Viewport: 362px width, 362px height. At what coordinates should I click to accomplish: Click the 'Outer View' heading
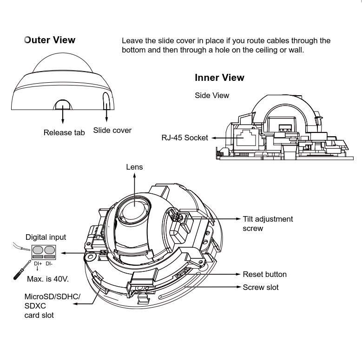click(x=50, y=40)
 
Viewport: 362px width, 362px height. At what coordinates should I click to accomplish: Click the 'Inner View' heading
click(x=219, y=78)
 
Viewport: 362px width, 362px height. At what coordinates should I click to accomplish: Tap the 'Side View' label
click(x=212, y=95)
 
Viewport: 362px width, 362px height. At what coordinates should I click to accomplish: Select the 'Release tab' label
click(x=64, y=132)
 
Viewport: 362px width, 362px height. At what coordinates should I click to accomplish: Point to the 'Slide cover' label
click(x=112, y=130)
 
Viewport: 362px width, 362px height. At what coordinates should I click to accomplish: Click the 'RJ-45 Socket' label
click(x=184, y=138)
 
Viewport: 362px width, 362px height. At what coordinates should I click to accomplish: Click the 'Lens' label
click(x=134, y=167)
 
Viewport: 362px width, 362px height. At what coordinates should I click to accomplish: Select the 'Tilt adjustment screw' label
click(x=268, y=223)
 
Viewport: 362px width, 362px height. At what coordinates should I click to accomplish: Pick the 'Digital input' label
click(x=46, y=237)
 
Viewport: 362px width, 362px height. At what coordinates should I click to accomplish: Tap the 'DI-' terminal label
click(x=49, y=263)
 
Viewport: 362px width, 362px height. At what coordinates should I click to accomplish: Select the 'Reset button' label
click(x=264, y=274)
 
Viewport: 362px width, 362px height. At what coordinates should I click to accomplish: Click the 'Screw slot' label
click(x=261, y=287)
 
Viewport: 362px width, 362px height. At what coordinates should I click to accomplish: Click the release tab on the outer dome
click(x=63, y=104)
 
